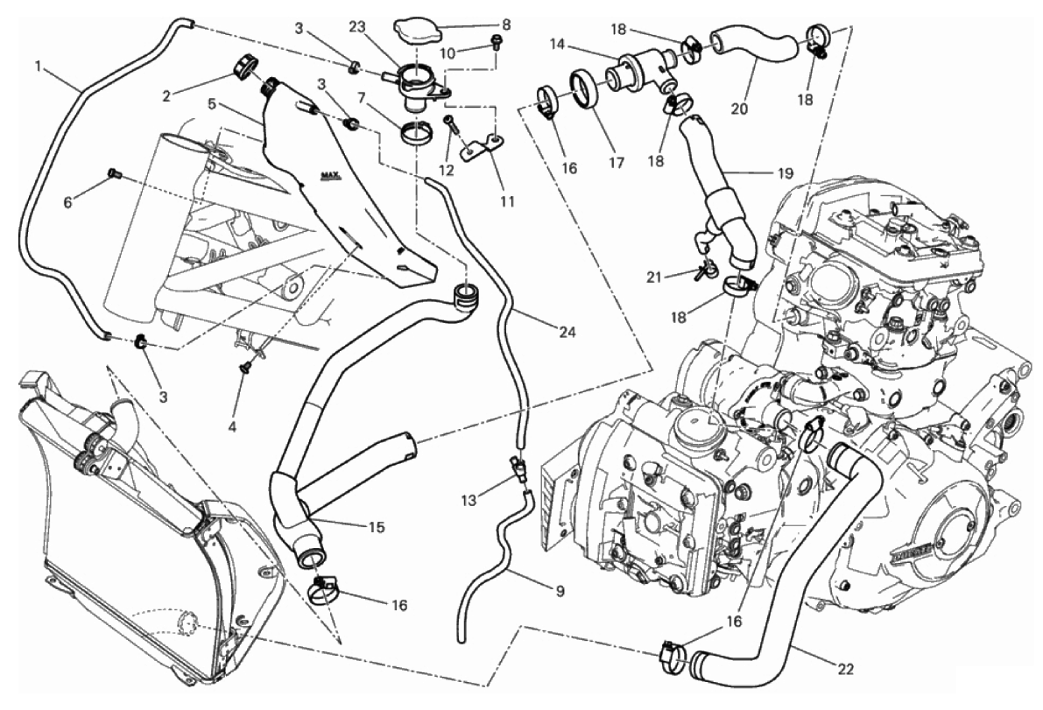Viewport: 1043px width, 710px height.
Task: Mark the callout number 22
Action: (844, 670)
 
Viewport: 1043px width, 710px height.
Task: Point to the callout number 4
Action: (232, 427)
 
